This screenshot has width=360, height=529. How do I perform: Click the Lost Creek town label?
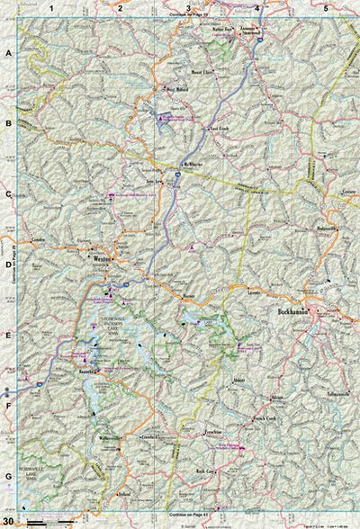click(x=220, y=128)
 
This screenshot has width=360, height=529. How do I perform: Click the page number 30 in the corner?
click(x=8, y=522)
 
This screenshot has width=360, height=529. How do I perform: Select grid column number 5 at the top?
click(x=326, y=8)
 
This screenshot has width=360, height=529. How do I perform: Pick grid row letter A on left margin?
click(x=8, y=54)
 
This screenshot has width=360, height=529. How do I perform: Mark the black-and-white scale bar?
click(x=49, y=522)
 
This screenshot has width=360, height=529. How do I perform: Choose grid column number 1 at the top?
click(x=52, y=8)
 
